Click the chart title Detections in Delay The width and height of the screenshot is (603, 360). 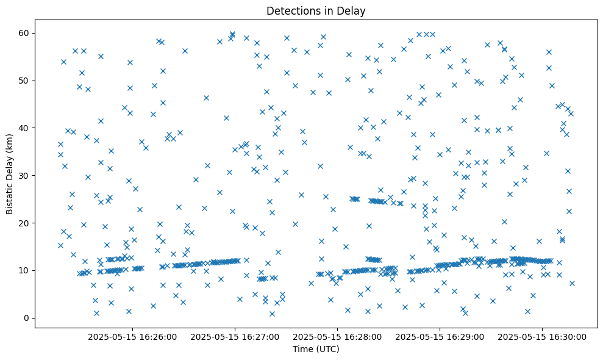(x=316, y=11)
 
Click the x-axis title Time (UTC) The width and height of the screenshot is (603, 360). (x=316, y=350)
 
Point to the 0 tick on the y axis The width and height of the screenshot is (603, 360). (x=26, y=318)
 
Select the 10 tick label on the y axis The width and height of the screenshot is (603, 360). (x=24, y=270)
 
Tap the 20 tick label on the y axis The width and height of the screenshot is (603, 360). (x=24, y=223)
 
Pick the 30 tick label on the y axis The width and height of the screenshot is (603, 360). (x=24, y=175)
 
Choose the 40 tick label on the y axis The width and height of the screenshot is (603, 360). (x=24, y=128)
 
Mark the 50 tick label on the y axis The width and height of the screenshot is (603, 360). (x=24, y=81)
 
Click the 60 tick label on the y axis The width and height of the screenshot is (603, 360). (x=24, y=33)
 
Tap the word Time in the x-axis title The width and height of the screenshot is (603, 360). (x=303, y=350)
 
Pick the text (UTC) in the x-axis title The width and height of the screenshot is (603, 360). (x=327, y=350)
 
